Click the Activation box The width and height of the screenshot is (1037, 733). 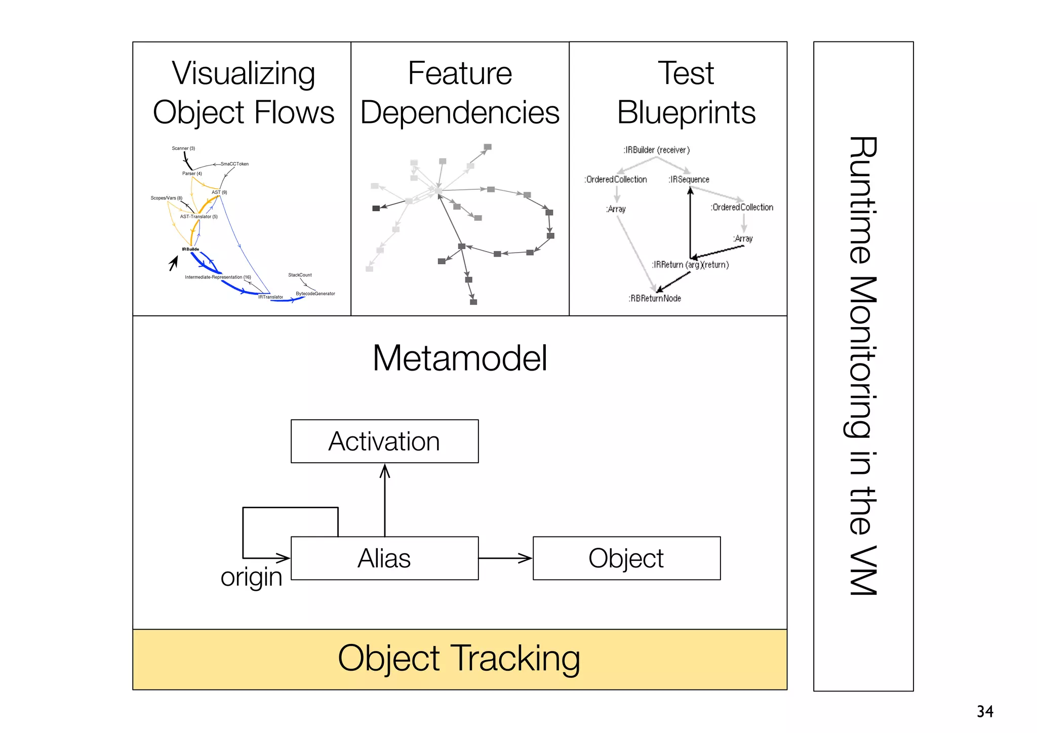coord(384,441)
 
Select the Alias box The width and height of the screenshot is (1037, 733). coord(384,558)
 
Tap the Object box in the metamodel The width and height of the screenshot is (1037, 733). coord(626,558)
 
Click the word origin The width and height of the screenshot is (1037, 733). coord(251,577)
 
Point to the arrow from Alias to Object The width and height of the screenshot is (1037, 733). coord(505,558)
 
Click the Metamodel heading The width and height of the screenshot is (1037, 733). coord(460,358)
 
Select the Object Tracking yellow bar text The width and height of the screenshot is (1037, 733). coord(459,659)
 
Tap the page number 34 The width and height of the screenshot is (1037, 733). coord(985,711)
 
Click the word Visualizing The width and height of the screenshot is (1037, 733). coord(244,74)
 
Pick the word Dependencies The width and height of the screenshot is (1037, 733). coord(460,112)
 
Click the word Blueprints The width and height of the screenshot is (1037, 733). coord(686,112)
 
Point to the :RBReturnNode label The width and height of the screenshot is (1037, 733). coord(655,299)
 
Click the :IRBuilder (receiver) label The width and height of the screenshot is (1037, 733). coord(656,150)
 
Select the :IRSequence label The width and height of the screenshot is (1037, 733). coord(689,180)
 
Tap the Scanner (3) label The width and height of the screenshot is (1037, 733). coord(183,148)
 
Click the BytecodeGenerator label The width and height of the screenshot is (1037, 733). coord(315,294)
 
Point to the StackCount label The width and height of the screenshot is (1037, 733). coord(300,275)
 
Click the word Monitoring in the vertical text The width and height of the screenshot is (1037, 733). coord(863,357)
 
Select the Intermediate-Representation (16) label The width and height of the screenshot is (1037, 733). coord(218,277)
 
